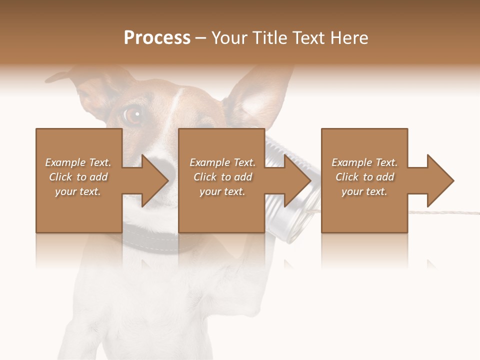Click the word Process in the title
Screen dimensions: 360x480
tap(157, 38)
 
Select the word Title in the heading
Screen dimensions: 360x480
tap(270, 38)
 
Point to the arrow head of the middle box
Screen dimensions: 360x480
tap(297, 180)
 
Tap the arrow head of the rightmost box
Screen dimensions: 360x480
tap(439, 180)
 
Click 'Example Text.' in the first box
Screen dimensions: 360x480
tap(78, 162)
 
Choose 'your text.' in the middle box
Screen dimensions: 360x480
tap(221, 191)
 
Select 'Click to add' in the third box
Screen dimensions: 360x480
tap(364, 177)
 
